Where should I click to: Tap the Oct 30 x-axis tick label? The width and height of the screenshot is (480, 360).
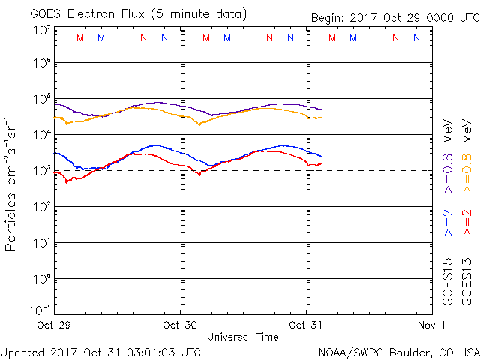180,325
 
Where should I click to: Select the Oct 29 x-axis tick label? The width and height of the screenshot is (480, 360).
54,325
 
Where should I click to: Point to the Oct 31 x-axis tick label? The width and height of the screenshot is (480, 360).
306,325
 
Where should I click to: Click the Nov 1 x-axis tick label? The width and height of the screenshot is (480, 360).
433,325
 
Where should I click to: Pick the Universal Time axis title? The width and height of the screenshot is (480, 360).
243,337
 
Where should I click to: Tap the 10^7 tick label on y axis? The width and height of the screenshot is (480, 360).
40,29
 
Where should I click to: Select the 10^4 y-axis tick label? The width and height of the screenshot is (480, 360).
40,134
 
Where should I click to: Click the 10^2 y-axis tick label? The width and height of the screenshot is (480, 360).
40,206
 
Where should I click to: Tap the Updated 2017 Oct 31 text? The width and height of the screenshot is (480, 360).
101,351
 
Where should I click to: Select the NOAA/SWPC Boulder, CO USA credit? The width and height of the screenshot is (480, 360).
398,351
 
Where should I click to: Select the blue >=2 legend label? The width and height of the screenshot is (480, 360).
448,224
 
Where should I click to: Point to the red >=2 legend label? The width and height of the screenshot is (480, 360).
467,224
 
